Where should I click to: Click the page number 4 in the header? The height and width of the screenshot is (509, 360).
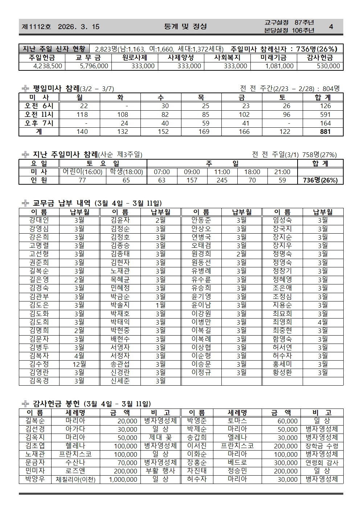click(331, 26)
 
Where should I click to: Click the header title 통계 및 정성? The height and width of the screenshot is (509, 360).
click(185, 26)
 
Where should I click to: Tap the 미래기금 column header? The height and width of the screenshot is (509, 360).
click(273, 58)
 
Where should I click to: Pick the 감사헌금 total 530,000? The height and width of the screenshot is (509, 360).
click(328, 66)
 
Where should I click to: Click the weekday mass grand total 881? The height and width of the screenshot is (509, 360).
click(325, 131)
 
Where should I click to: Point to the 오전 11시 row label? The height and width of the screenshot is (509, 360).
click(39, 115)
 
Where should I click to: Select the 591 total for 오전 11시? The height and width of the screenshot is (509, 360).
click(325, 115)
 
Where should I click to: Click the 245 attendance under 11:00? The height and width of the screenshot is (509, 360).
click(222, 180)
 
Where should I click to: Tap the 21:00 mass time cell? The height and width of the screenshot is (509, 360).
click(282, 172)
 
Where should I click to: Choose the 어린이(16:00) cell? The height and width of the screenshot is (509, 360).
click(82, 172)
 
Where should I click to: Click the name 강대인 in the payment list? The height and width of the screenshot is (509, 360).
click(39, 220)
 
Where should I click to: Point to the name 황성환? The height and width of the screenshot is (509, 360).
click(282, 373)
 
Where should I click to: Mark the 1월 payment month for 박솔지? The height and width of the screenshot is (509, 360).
click(160, 305)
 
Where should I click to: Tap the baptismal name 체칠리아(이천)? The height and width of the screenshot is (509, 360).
click(75, 480)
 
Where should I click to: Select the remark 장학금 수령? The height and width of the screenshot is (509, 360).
click(322, 446)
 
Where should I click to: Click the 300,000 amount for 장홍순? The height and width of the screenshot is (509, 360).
click(286, 463)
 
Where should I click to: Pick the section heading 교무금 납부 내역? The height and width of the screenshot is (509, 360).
click(62, 204)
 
